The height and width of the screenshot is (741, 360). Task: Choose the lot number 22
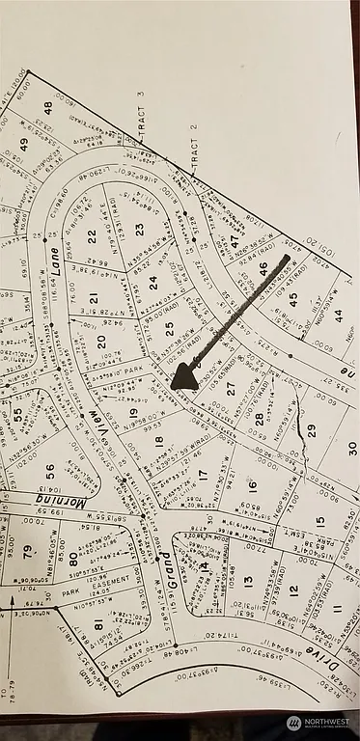pyautogui.click(x=92, y=235)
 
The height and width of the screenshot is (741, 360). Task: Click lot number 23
pyautogui.click(x=139, y=229)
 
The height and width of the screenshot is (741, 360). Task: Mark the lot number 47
pyautogui.click(x=233, y=241)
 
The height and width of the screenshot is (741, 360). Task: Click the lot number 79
pyautogui.click(x=28, y=553)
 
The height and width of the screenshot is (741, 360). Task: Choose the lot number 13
pyautogui.click(x=248, y=581)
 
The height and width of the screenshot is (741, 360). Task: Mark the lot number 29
pyautogui.click(x=311, y=429)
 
